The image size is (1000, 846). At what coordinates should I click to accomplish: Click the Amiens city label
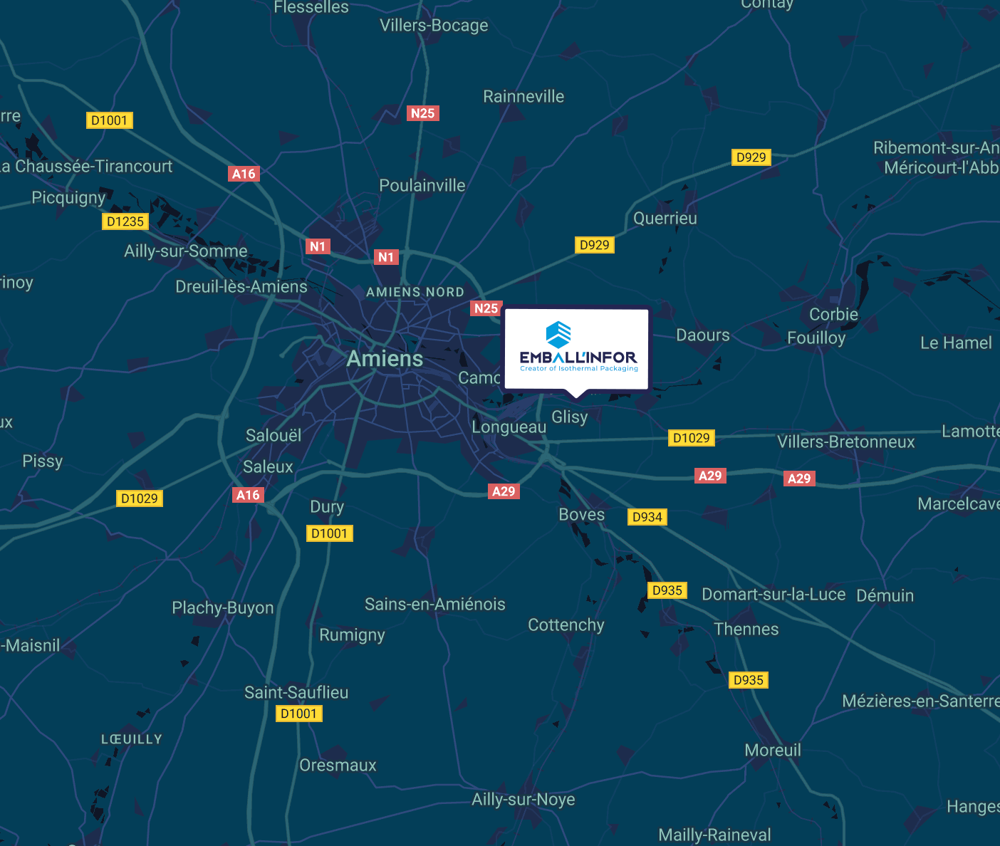(385, 359)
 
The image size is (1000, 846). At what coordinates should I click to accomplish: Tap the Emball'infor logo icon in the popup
(558, 333)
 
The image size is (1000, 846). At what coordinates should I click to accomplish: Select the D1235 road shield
(125, 221)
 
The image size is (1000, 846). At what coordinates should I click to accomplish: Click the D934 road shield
(647, 517)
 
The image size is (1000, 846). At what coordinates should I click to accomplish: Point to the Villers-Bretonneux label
(845, 442)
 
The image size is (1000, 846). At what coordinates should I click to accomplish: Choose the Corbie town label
(833, 315)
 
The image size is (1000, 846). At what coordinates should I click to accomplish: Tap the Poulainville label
(422, 186)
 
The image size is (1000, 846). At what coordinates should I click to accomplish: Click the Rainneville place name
(524, 97)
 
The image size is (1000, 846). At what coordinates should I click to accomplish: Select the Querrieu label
(665, 219)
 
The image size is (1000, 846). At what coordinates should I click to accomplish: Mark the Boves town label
(581, 515)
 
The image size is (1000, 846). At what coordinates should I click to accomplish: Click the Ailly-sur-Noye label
(524, 800)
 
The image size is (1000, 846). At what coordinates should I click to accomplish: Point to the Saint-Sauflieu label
(296, 692)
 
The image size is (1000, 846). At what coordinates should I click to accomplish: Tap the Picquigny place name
(68, 197)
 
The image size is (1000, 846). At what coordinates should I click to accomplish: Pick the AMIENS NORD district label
(415, 292)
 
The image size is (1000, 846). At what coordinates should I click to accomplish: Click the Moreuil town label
(773, 751)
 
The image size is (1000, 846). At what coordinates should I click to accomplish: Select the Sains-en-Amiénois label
(435, 605)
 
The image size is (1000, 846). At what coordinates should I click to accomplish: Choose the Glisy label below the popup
(570, 417)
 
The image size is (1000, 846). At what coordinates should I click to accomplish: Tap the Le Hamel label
(956, 343)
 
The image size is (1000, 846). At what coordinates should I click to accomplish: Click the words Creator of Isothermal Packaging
(579, 369)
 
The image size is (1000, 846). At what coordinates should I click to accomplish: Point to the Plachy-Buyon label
(223, 608)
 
